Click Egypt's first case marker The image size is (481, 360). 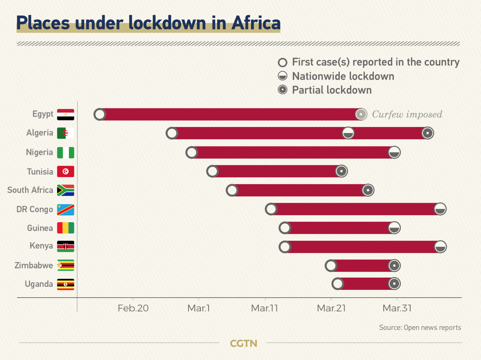(100, 114)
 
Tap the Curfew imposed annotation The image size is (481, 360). (407, 115)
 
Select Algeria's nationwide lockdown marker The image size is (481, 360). (348, 133)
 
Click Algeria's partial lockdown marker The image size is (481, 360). (427, 133)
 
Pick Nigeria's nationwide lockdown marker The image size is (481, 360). (394, 152)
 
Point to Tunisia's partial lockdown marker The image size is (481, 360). (341, 171)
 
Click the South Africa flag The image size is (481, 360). (65, 190)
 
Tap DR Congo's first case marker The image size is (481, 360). (271, 209)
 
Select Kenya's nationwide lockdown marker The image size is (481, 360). (440, 247)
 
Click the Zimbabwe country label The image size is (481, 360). (34, 265)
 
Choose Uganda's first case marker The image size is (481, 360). (338, 284)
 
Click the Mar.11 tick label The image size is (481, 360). (265, 308)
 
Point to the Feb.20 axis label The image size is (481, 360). (133, 308)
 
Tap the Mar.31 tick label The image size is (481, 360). (397, 308)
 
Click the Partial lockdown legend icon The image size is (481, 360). (282, 90)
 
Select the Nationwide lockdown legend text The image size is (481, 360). (343, 76)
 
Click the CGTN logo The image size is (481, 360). (243, 343)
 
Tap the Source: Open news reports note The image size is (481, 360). (420, 327)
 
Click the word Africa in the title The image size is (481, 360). (256, 23)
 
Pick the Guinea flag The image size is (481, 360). (65, 228)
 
